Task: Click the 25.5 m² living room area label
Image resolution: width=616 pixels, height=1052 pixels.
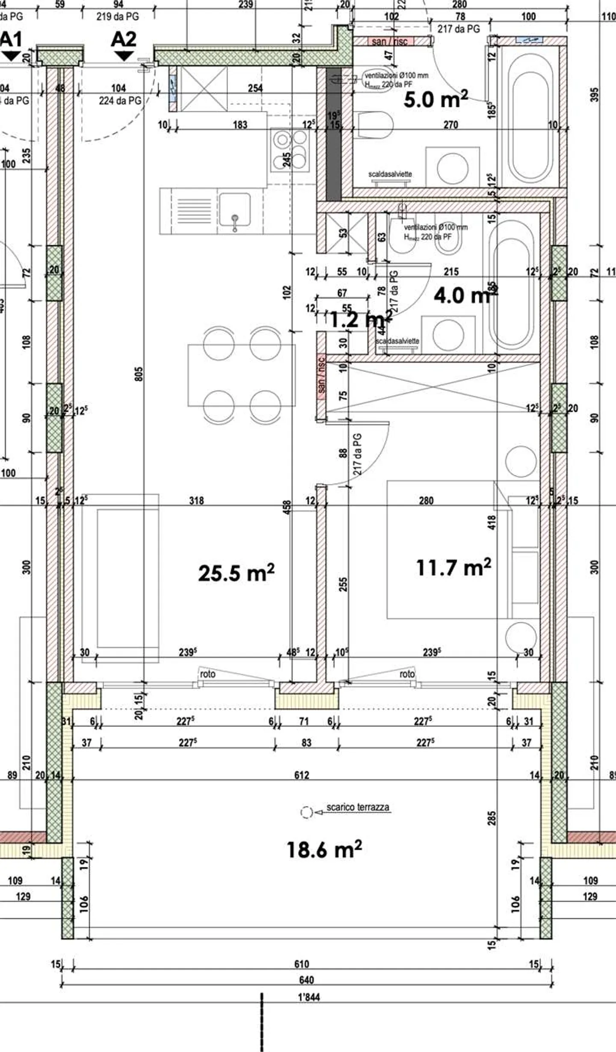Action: (236, 573)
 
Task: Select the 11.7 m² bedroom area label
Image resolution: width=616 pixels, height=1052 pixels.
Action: (453, 568)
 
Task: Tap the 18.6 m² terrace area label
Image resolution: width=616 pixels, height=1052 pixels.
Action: (324, 849)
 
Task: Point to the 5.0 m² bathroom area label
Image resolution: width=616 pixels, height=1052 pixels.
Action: (435, 99)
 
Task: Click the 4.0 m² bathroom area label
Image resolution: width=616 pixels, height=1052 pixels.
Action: (462, 295)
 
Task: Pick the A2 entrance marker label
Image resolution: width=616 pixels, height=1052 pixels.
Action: (124, 40)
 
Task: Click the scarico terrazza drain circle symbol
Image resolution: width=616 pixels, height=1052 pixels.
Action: (306, 812)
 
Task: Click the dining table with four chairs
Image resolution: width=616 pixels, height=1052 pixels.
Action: (242, 375)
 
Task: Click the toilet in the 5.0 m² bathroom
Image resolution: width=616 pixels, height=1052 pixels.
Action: (375, 125)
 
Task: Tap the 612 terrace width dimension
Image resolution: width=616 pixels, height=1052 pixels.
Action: (302, 775)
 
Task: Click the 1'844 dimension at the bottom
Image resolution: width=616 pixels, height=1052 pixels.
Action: (309, 997)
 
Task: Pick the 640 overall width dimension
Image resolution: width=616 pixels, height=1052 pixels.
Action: (306, 980)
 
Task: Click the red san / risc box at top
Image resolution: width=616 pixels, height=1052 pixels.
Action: (390, 42)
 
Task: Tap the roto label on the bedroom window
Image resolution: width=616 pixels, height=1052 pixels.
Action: (407, 674)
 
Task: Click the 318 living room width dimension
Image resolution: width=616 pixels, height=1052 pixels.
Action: (196, 500)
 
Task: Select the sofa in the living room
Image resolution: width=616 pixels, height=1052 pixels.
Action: (121, 578)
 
